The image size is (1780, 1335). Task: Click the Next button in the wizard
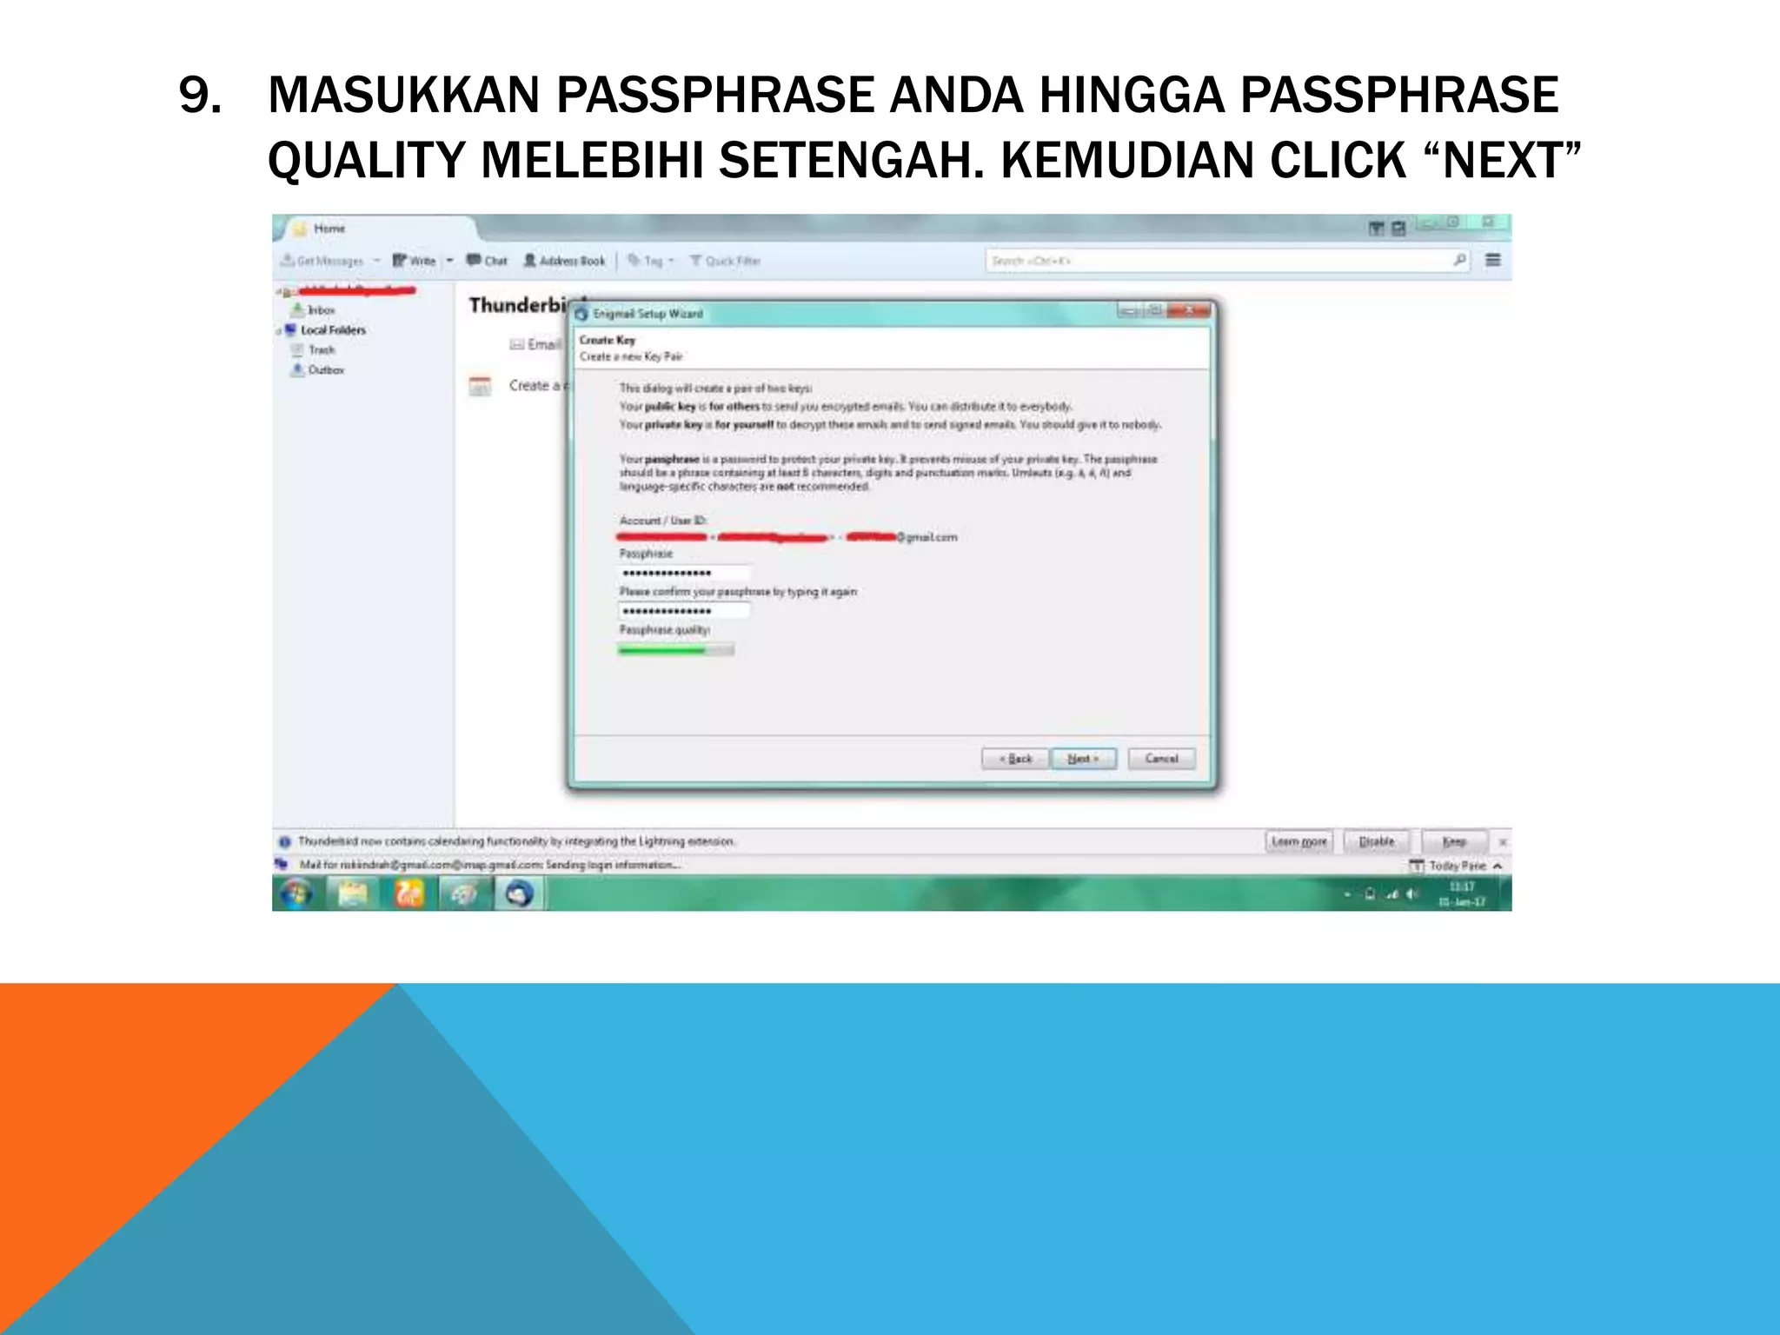tap(1083, 759)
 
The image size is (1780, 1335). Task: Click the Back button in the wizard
tap(1015, 759)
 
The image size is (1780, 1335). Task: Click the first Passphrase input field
tap(684, 573)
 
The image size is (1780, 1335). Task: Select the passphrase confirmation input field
tap(684, 611)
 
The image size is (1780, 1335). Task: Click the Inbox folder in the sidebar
tap(321, 310)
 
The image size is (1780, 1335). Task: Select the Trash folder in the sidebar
tap(321, 350)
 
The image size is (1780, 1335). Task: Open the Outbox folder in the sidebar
tap(325, 370)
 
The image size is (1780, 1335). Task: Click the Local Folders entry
tap(333, 330)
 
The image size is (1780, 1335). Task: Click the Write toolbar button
tap(415, 261)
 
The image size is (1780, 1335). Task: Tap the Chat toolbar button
tap(488, 261)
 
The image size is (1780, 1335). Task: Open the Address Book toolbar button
tap(565, 261)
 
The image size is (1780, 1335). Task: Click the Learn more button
tap(1298, 841)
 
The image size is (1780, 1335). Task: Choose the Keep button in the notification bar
tap(1454, 841)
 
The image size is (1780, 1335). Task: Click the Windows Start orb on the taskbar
tap(296, 893)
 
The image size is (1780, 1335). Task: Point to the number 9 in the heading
tap(199, 96)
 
